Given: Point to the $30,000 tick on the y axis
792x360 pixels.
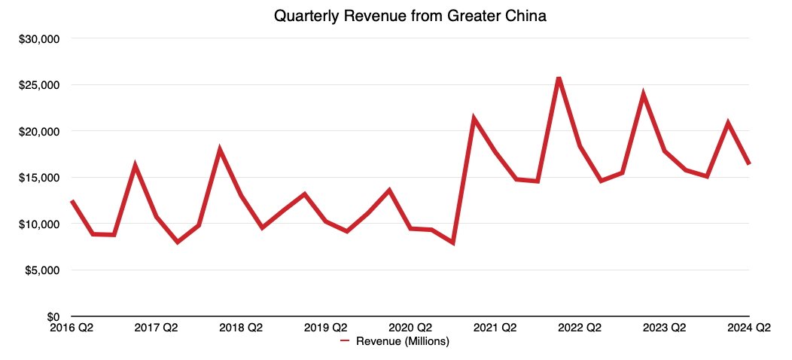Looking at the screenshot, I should click(x=39, y=38).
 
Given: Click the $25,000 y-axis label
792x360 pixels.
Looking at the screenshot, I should click(x=39, y=85).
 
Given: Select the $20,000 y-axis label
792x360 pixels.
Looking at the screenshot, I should click(x=39, y=131).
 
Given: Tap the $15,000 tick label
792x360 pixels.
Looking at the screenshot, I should click(x=39, y=178).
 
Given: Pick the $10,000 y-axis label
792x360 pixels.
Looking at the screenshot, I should click(x=39, y=224).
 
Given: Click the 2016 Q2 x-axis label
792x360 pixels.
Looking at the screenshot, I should click(x=71, y=328).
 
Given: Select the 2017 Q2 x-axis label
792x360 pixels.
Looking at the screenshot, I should click(x=156, y=328).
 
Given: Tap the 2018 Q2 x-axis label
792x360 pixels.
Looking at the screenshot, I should click(x=241, y=328).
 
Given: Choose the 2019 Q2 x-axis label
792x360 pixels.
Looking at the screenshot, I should click(x=325, y=328).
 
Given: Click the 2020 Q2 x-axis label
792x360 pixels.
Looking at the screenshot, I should click(x=410, y=328).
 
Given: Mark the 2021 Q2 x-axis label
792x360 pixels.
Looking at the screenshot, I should click(x=495, y=328).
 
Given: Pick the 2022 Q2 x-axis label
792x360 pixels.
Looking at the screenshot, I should click(x=580, y=328).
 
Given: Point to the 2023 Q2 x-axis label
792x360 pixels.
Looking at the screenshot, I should click(x=664, y=328).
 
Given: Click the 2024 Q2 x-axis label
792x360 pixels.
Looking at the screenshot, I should click(x=748, y=328).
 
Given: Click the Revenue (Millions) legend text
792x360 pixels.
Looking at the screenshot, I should click(x=402, y=341).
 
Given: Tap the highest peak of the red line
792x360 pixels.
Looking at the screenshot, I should click(x=558, y=78).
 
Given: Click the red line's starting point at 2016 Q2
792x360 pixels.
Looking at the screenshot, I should click(x=72, y=201).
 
